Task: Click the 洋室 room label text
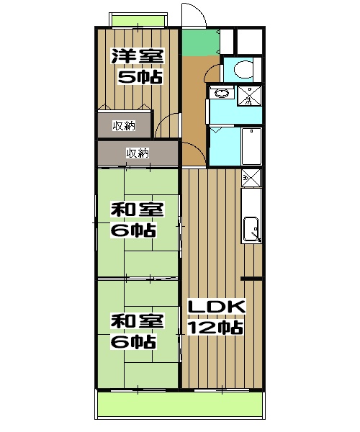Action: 136,56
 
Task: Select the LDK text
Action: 217,307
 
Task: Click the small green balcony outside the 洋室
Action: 139,19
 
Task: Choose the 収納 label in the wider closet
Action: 138,153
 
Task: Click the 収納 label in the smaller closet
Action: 123,127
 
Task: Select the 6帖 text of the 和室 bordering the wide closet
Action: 133,231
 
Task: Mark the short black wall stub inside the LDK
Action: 251,278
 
